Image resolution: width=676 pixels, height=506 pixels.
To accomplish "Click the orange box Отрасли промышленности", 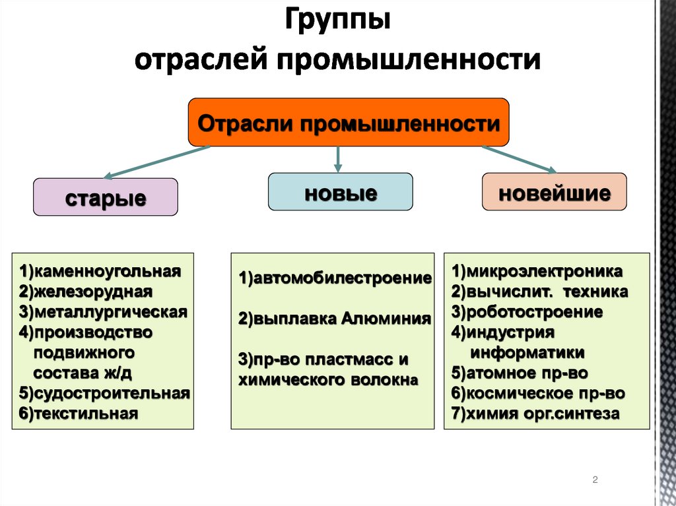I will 349,123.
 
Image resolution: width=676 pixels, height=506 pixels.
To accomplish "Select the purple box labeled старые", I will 106,197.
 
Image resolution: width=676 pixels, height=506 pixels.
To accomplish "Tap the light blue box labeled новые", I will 340,192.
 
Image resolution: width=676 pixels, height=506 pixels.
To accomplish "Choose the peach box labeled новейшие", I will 554,192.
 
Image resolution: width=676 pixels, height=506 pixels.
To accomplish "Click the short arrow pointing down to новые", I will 338,158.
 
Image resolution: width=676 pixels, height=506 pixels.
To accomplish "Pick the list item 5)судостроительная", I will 104,394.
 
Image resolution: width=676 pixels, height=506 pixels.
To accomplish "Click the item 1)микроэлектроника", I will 537,271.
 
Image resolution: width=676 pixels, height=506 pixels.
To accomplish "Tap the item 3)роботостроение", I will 527,311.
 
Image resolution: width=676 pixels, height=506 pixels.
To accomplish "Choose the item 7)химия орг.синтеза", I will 535,414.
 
